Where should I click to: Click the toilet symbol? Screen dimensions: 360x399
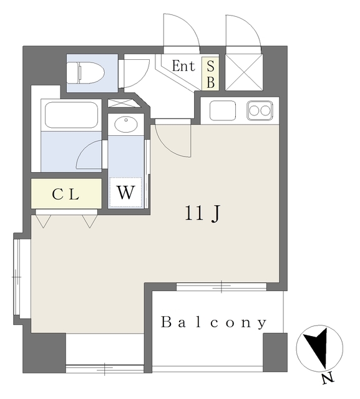tap(85, 73)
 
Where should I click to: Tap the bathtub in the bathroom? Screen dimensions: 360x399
tap(72, 115)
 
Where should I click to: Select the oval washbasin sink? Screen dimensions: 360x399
tap(126, 124)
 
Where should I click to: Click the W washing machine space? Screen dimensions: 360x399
tap(125, 193)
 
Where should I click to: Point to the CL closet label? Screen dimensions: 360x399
tap(66, 195)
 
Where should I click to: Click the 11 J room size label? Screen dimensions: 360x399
tap(202, 213)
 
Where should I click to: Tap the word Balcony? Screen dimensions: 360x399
tap(213, 322)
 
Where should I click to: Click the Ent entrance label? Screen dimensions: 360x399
tap(183, 66)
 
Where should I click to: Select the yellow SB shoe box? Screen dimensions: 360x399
tap(210, 74)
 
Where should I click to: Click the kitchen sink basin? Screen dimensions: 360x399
tap(223, 111)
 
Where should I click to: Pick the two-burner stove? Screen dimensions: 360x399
tap(260, 111)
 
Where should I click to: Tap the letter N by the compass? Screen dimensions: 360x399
tap(328, 379)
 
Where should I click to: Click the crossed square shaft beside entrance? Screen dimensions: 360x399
tap(244, 72)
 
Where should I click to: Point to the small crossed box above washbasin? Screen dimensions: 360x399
tap(124, 103)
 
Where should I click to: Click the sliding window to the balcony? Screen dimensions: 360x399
tap(221, 287)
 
